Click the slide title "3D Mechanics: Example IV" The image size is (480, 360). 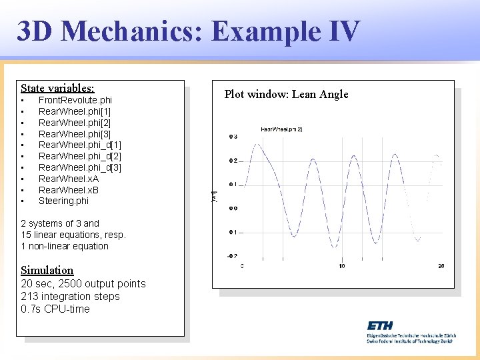pyautogui.click(x=188, y=31)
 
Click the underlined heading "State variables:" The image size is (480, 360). pyautogui.click(x=57, y=88)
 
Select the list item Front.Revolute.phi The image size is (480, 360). pyautogui.click(x=75, y=100)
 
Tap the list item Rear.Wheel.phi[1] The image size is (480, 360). pyautogui.click(x=75, y=111)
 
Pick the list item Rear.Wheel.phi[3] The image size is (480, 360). pyautogui.click(x=75, y=134)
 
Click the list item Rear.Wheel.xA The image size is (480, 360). pyautogui.click(x=69, y=179)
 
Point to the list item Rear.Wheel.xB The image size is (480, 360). pyautogui.click(x=69, y=190)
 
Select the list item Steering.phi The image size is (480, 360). pyautogui.click(x=63, y=201)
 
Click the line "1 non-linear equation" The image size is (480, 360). pyautogui.click(x=65, y=246)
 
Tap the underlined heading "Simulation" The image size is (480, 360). pyautogui.click(x=47, y=270)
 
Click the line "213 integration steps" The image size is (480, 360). pyautogui.click(x=71, y=296)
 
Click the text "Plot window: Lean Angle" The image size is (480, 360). pyautogui.click(x=286, y=94)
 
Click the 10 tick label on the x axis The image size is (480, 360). pyautogui.click(x=341, y=266)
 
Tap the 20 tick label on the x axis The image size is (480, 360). pyautogui.click(x=441, y=266)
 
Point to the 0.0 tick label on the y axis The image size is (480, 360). pyautogui.click(x=233, y=208)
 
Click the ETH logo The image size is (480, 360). pyautogui.click(x=381, y=325)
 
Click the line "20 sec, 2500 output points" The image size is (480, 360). pyautogui.click(x=83, y=283)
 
